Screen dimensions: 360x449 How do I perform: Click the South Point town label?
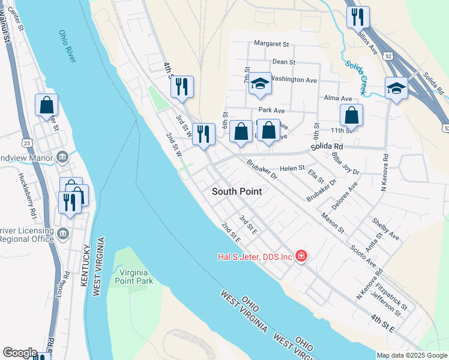[x=237, y=191]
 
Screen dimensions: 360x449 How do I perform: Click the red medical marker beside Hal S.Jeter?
[x=301, y=257]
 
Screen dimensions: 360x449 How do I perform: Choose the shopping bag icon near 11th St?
[x=351, y=116]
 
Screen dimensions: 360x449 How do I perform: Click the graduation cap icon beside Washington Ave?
[x=260, y=84]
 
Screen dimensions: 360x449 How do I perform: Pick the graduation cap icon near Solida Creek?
[x=396, y=89]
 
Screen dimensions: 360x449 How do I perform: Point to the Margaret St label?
[x=271, y=44]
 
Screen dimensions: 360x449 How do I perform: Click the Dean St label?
[x=284, y=61]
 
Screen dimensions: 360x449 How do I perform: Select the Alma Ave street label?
[x=338, y=98]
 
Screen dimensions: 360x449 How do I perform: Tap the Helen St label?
[x=293, y=169]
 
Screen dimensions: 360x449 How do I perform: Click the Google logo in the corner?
[x=20, y=353]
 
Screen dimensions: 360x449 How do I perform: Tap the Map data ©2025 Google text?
[x=411, y=355]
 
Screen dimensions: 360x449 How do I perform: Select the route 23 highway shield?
[x=27, y=143]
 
